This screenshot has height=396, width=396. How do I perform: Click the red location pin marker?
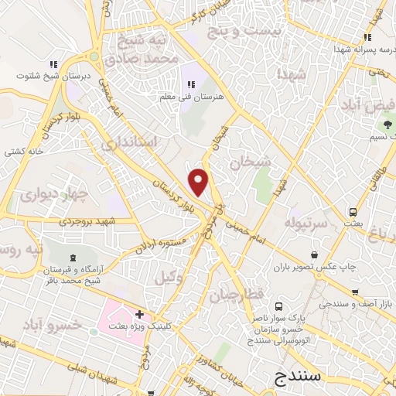199,181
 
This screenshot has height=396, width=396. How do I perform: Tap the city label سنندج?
299,377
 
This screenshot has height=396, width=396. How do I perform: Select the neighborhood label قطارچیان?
247,295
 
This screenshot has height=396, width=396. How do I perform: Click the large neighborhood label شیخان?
251,162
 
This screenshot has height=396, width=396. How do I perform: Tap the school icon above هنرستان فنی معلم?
189,85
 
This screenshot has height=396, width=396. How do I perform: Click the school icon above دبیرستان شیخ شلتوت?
53,65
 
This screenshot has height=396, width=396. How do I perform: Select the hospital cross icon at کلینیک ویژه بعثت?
139,314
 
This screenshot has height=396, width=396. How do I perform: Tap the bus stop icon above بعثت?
353,211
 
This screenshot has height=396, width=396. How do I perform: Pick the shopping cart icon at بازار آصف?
354,292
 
